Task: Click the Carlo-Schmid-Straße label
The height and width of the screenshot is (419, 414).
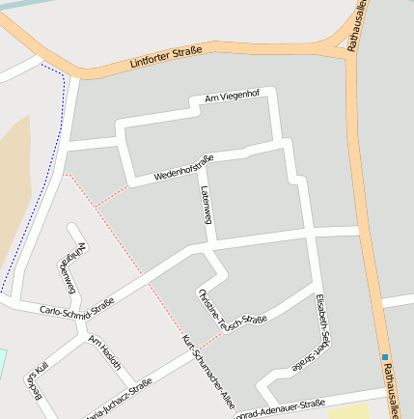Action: tap(77, 308)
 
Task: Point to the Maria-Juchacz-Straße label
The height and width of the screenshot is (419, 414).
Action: tap(120, 398)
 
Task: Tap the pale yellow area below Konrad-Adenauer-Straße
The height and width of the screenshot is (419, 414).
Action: tap(349, 412)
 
